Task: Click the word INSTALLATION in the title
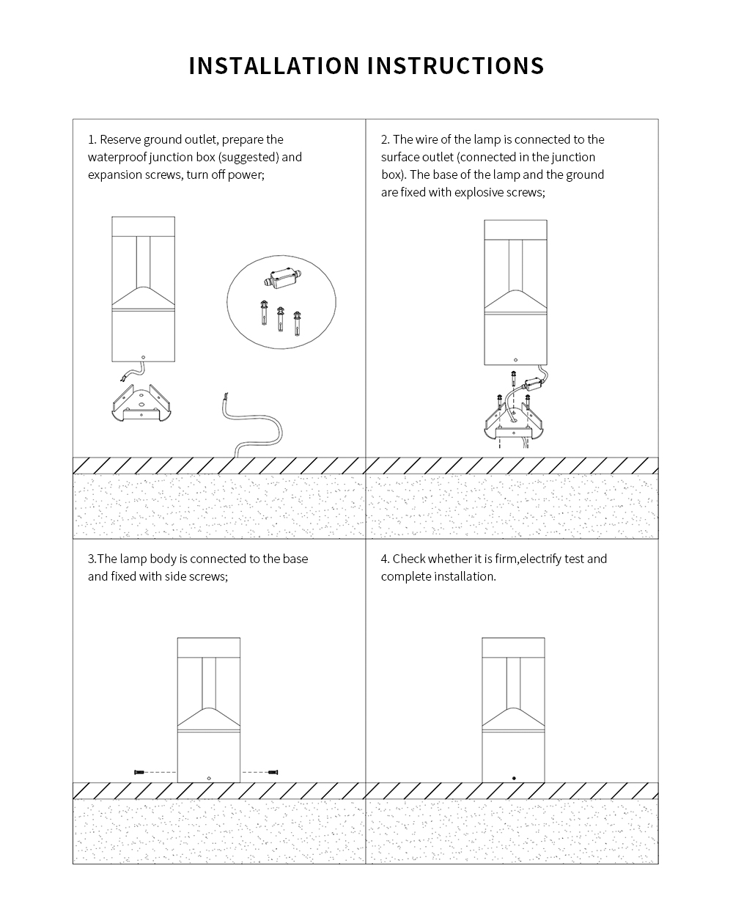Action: [274, 65]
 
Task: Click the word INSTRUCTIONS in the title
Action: [455, 65]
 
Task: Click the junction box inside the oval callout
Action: [281, 278]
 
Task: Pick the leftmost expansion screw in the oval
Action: [264, 313]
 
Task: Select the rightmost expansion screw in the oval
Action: [297, 323]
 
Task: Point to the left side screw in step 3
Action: [139, 772]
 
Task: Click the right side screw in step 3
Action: [273, 772]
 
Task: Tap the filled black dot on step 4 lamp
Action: [514, 779]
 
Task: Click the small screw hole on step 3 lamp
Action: [209, 779]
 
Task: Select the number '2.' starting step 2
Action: [386, 139]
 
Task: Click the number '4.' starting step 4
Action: [386, 559]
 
